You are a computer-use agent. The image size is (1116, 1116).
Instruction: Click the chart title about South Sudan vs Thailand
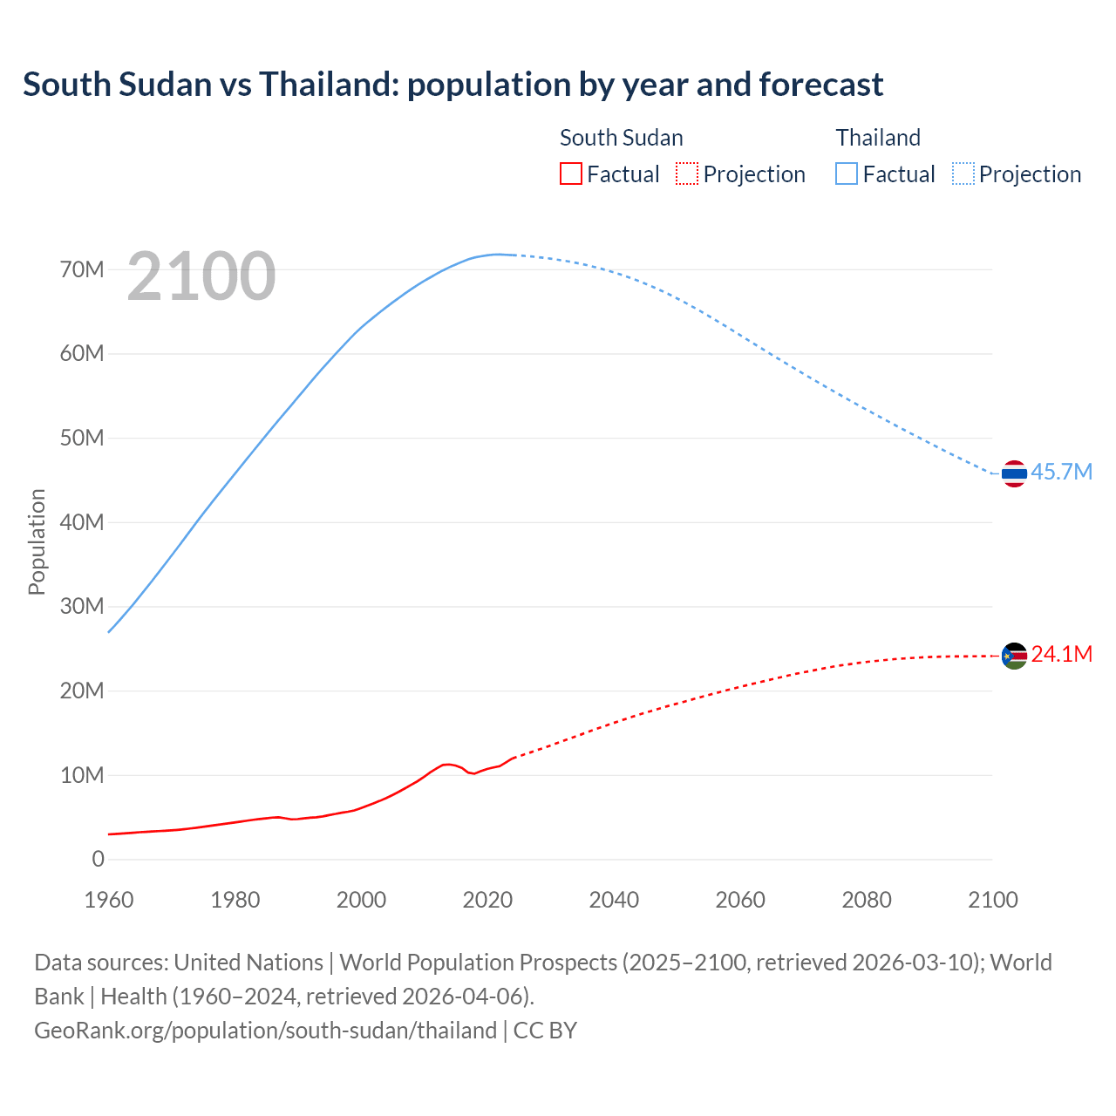click(453, 85)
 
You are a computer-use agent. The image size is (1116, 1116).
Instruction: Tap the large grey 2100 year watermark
click(201, 276)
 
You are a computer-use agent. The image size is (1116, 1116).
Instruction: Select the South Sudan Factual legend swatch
click(570, 174)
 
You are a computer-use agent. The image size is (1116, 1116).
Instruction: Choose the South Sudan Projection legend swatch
click(687, 174)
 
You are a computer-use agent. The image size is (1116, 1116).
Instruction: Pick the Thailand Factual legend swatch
click(847, 174)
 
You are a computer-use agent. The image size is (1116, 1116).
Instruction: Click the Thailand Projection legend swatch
click(963, 174)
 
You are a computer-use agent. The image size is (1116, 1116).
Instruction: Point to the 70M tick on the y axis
click(82, 269)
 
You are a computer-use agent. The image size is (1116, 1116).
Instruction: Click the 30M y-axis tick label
click(82, 606)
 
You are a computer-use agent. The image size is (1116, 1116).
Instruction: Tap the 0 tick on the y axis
click(98, 859)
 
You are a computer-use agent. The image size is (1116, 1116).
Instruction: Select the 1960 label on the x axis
click(109, 900)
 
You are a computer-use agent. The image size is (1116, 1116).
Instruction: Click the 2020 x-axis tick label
click(487, 900)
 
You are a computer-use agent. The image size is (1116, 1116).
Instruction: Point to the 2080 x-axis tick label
click(866, 900)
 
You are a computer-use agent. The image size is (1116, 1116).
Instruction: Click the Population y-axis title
click(37, 541)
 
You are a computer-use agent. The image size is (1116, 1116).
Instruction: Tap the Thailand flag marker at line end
click(1014, 473)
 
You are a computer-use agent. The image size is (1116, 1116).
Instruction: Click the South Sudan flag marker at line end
click(1014, 656)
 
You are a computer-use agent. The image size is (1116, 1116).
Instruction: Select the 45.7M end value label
click(1061, 472)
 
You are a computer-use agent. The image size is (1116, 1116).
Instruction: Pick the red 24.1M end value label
click(1061, 654)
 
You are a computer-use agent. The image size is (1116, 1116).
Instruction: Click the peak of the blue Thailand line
click(498, 255)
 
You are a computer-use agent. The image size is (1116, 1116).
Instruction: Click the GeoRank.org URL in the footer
click(265, 1030)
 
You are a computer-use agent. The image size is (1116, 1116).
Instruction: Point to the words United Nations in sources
click(248, 962)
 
